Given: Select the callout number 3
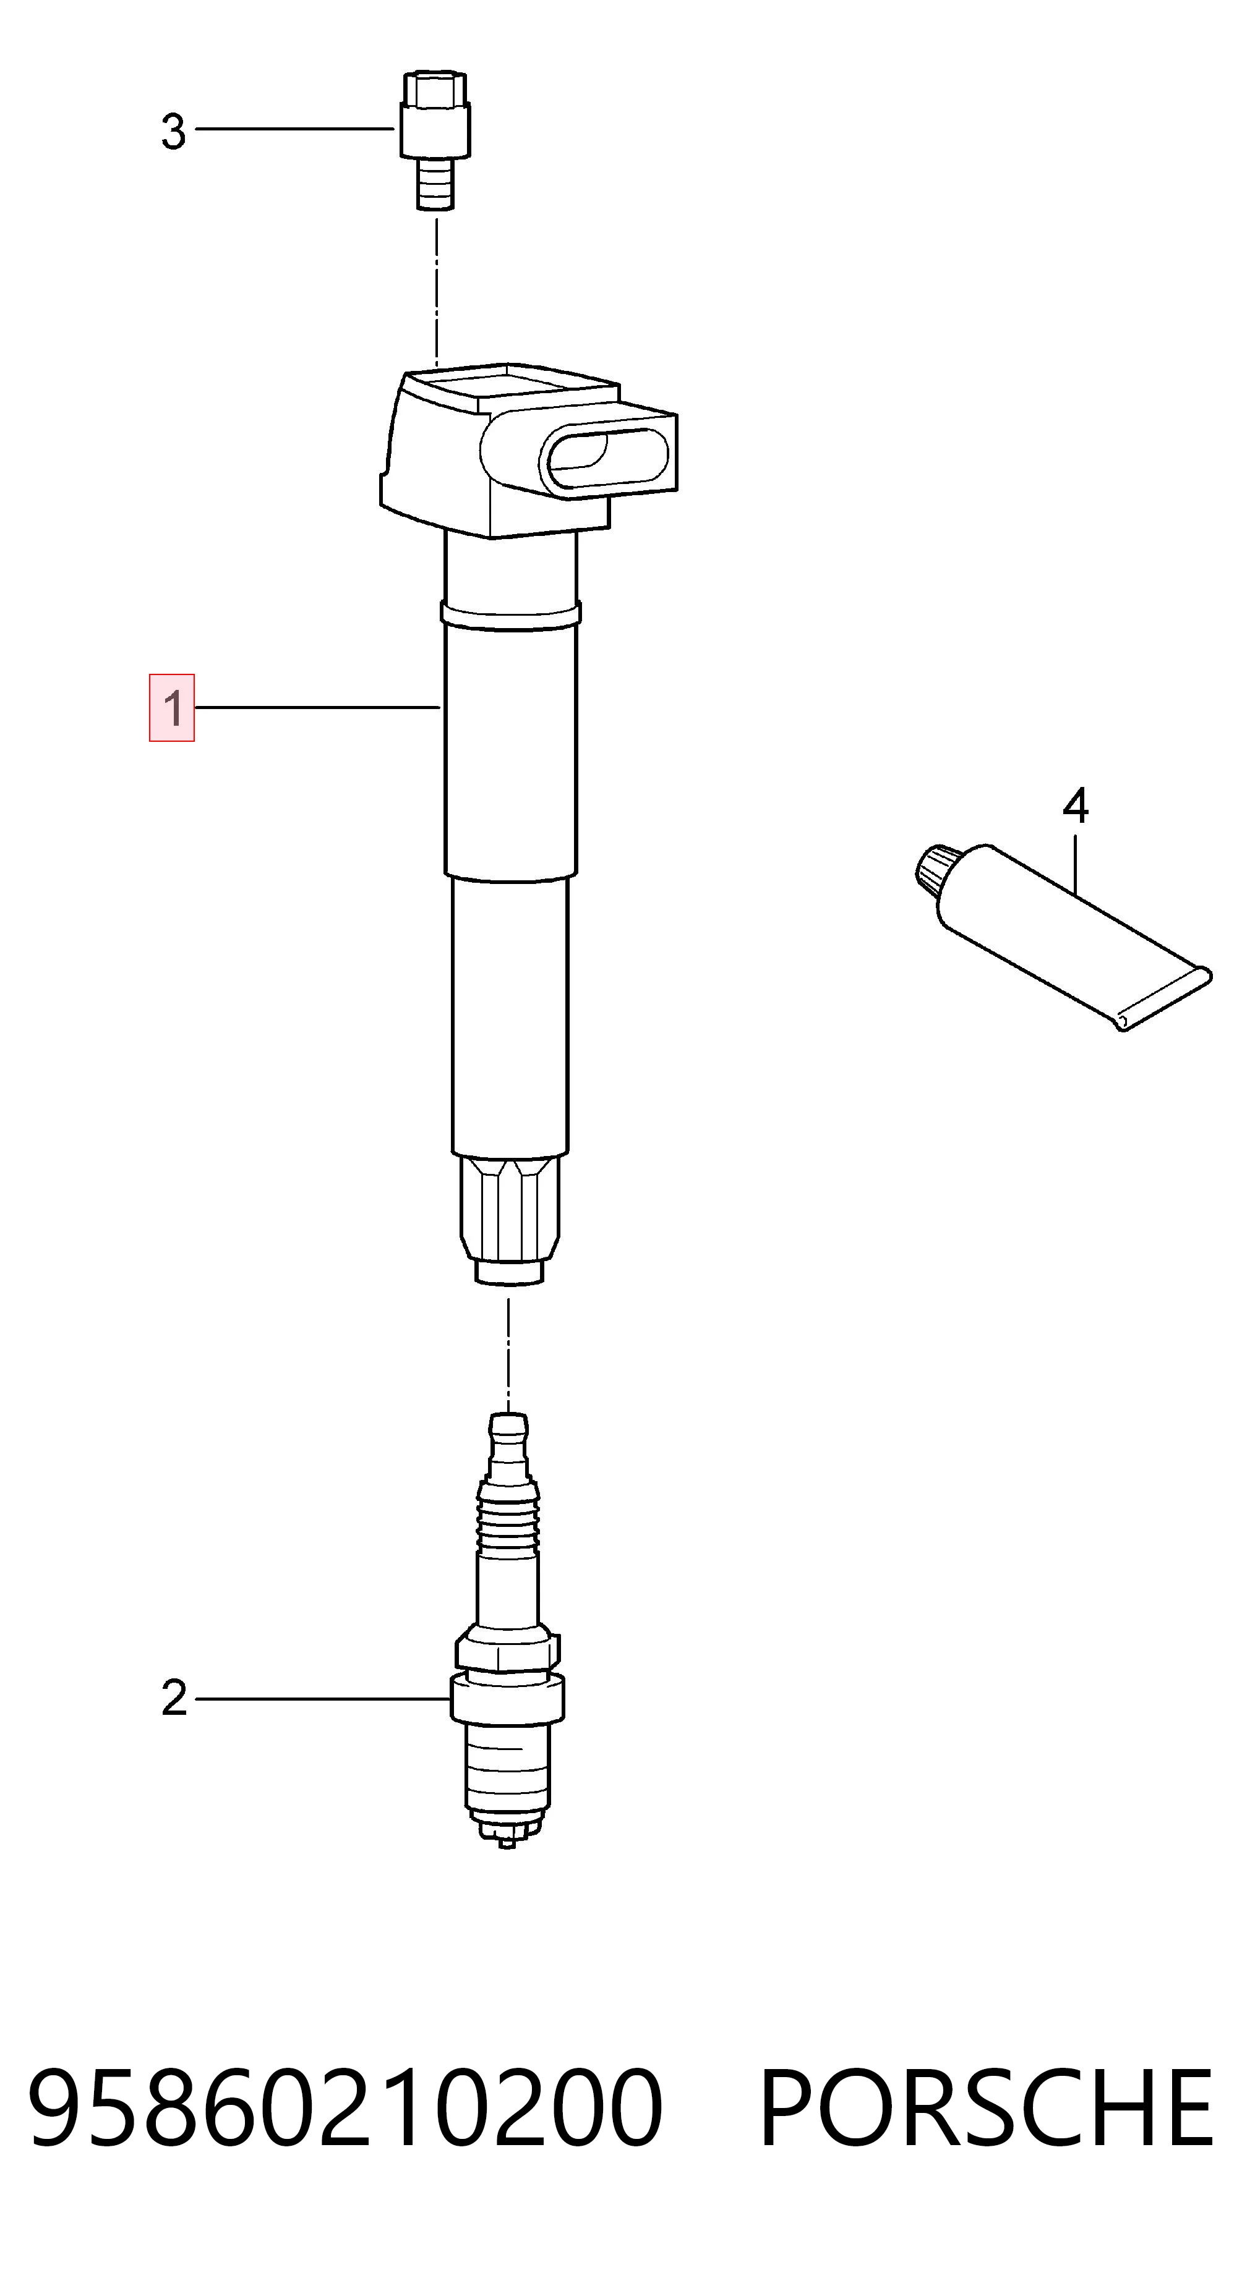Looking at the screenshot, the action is pyautogui.click(x=173, y=131).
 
